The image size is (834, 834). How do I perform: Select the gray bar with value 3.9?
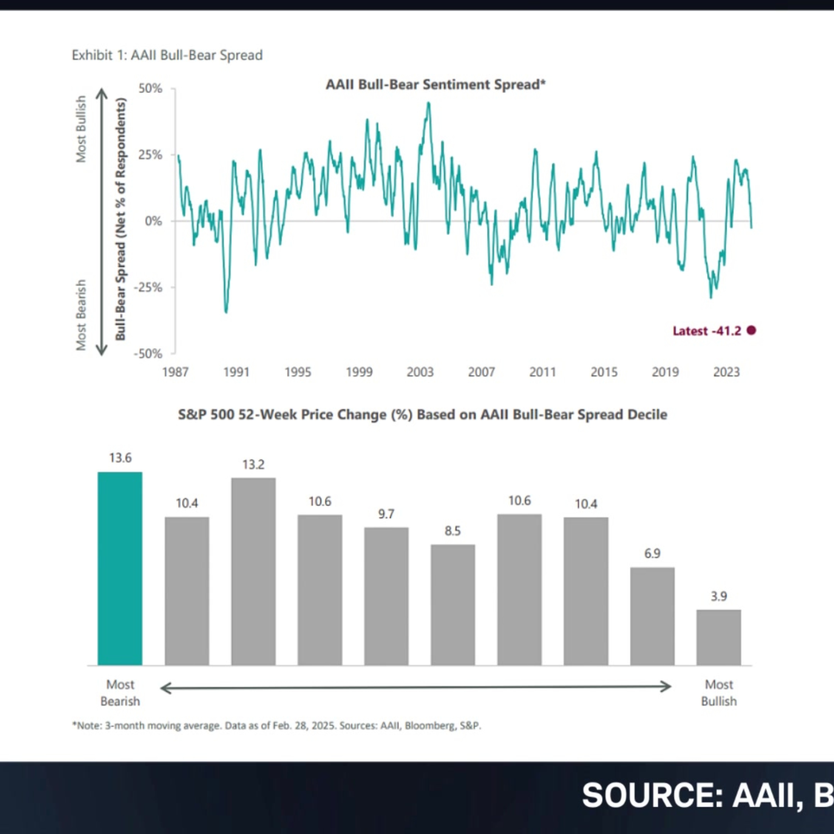(719, 637)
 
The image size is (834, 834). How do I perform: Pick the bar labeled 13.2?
(253, 572)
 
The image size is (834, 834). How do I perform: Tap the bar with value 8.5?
(453, 605)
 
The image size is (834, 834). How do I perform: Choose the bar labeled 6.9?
(652, 616)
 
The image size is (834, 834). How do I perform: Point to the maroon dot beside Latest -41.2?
(751, 330)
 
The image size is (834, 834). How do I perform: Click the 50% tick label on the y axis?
(150, 88)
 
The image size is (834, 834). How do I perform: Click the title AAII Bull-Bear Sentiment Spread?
(436, 84)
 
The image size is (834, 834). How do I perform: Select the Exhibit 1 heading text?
(167, 55)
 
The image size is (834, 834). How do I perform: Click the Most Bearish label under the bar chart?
(120, 692)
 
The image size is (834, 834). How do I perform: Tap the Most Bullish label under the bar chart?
(719, 692)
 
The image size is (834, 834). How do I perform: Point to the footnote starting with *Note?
(276, 726)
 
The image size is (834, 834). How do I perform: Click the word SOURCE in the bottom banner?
(652, 795)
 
